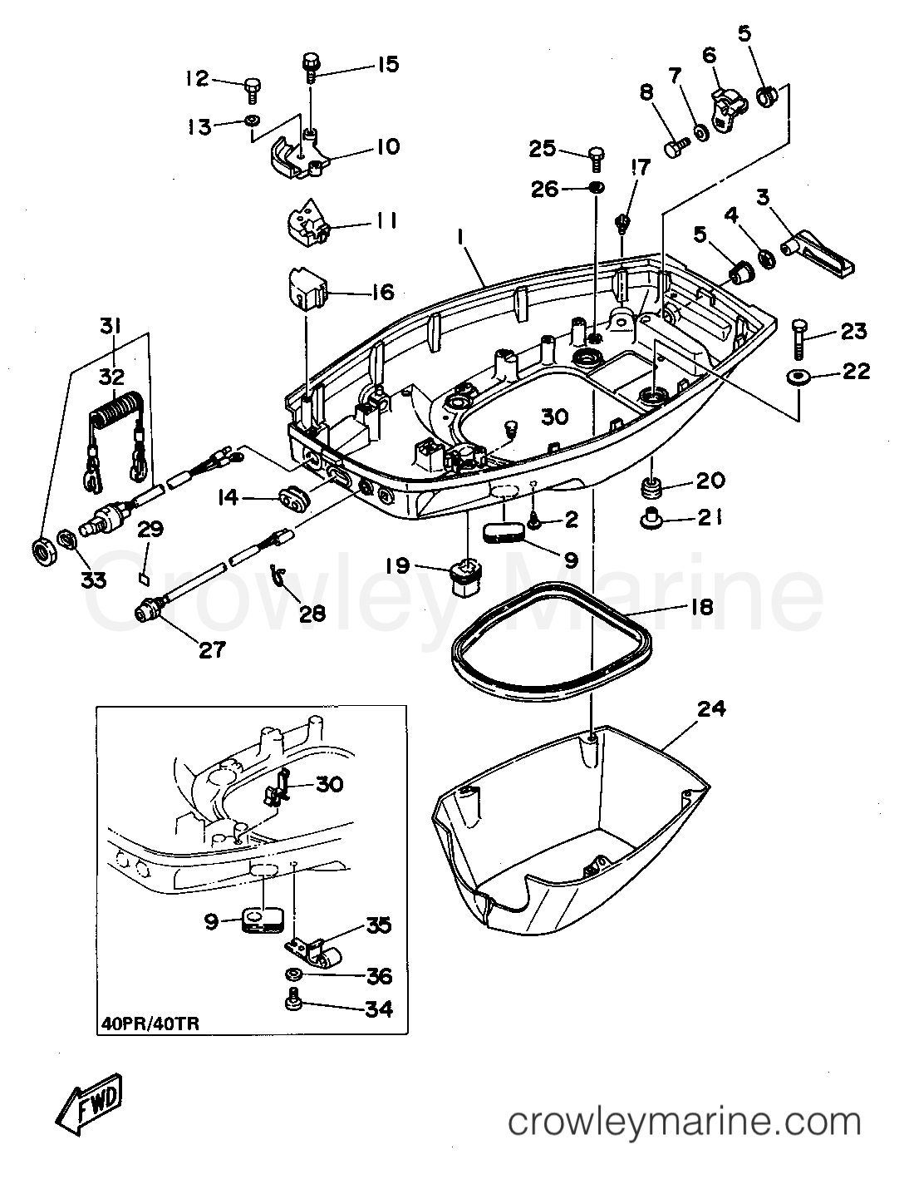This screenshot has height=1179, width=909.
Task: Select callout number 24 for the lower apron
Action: point(712,708)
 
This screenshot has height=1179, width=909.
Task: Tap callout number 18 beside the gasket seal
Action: point(701,606)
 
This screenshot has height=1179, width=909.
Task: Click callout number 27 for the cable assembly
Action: point(212,649)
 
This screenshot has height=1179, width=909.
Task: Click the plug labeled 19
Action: point(466,574)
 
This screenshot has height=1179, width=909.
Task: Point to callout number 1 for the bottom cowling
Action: point(458,237)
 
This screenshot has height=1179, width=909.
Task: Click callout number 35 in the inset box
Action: point(377,926)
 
